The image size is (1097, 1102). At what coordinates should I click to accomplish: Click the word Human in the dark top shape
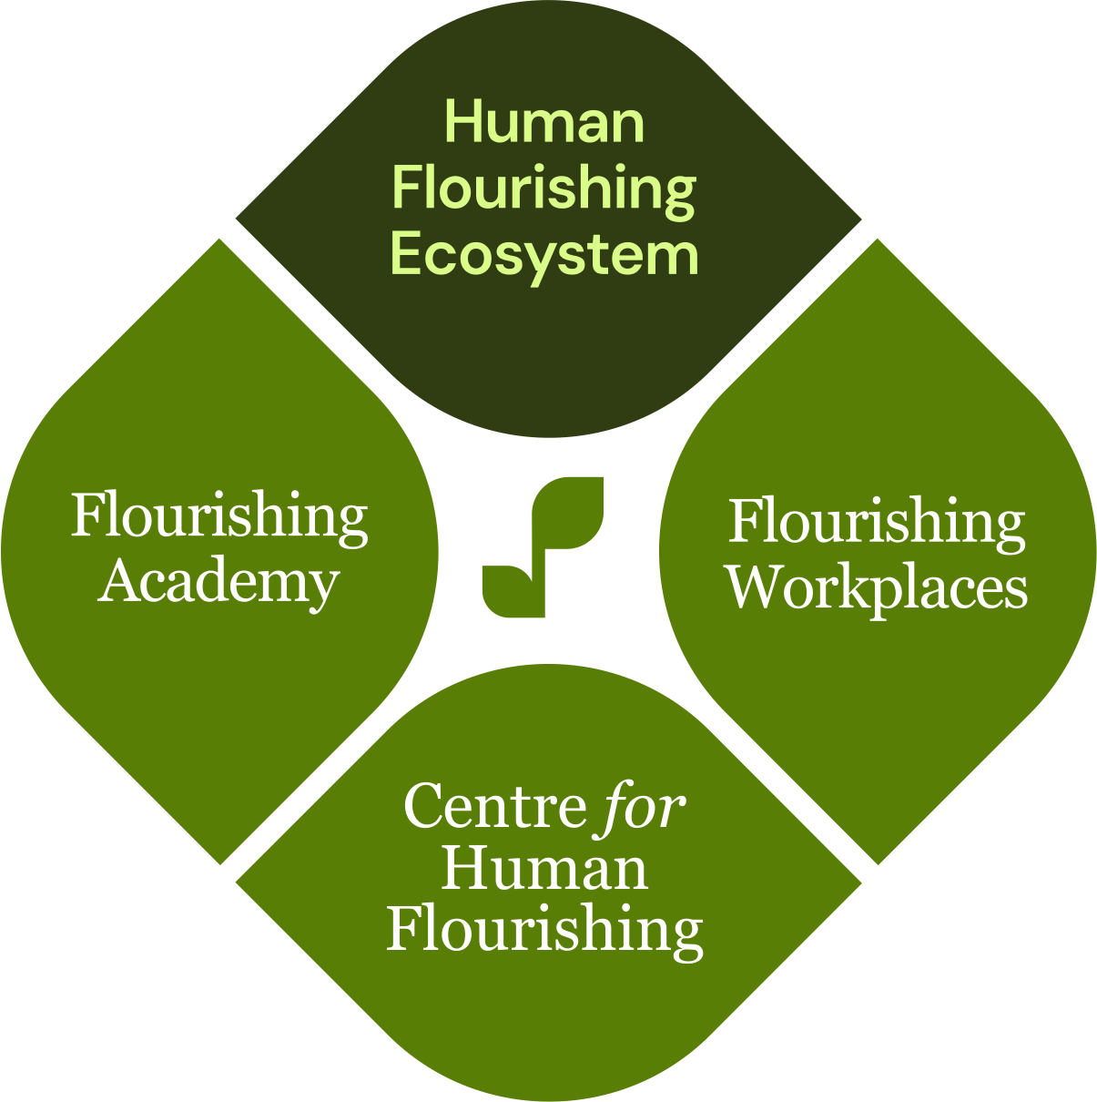(544, 122)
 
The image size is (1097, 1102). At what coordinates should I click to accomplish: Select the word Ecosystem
(544, 255)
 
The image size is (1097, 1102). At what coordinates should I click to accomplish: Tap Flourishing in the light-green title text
(544, 189)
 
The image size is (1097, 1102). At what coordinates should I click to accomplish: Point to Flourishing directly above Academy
(219, 516)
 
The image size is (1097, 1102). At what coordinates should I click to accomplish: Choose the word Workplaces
(877, 588)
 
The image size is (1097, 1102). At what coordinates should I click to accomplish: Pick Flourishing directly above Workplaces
(877, 523)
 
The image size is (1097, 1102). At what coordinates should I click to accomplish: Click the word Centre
(494, 806)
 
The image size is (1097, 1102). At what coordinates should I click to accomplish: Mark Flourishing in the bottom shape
(544, 930)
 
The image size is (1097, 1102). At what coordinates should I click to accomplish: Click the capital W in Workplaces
(754, 588)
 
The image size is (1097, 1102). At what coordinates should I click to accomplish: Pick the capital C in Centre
(422, 806)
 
